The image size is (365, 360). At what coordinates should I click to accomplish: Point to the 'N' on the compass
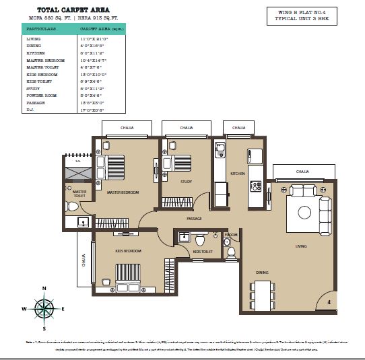44,289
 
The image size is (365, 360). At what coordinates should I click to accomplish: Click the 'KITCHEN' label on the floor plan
238,174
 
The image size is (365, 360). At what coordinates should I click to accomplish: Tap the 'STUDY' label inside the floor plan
187,182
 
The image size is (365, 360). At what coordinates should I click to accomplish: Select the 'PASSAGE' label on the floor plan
195,219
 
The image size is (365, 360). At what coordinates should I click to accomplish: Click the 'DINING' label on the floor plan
262,272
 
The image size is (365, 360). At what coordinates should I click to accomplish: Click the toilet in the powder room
230,252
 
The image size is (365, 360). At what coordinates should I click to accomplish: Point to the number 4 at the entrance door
329,303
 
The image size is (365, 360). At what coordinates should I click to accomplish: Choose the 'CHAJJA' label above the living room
302,172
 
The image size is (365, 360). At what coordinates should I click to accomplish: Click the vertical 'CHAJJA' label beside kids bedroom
84,259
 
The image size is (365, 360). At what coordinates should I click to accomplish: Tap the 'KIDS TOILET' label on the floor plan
202,251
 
